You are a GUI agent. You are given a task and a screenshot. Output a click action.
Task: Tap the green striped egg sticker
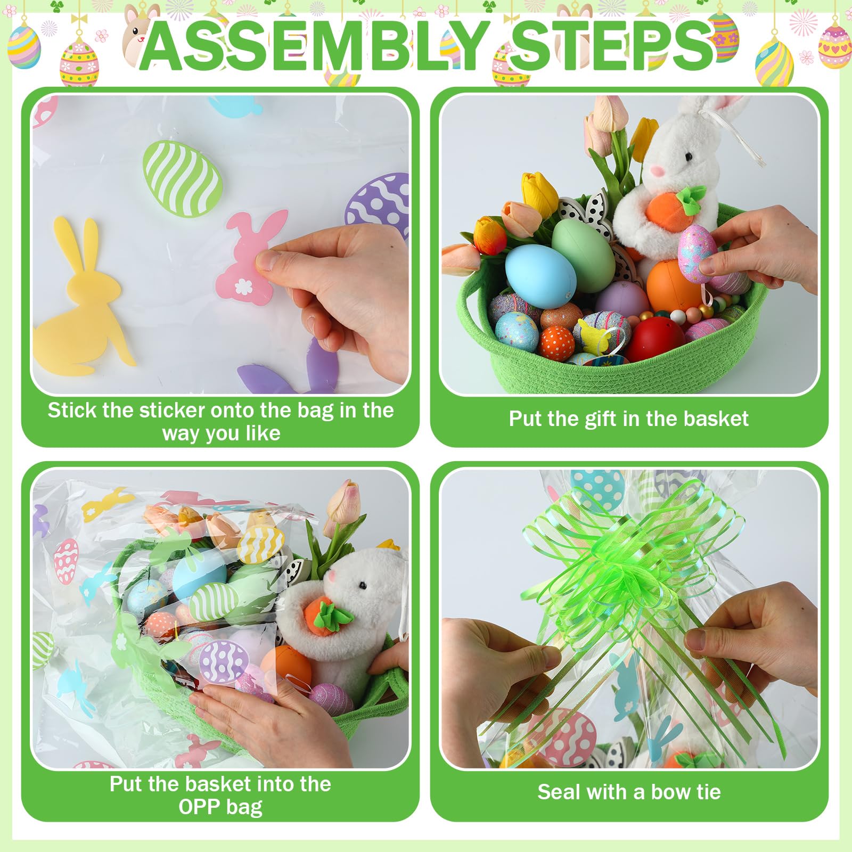(183, 178)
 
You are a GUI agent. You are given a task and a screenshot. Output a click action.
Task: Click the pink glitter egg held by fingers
(698, 253)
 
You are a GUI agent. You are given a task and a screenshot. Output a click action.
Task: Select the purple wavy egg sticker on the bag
(222, 661)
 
